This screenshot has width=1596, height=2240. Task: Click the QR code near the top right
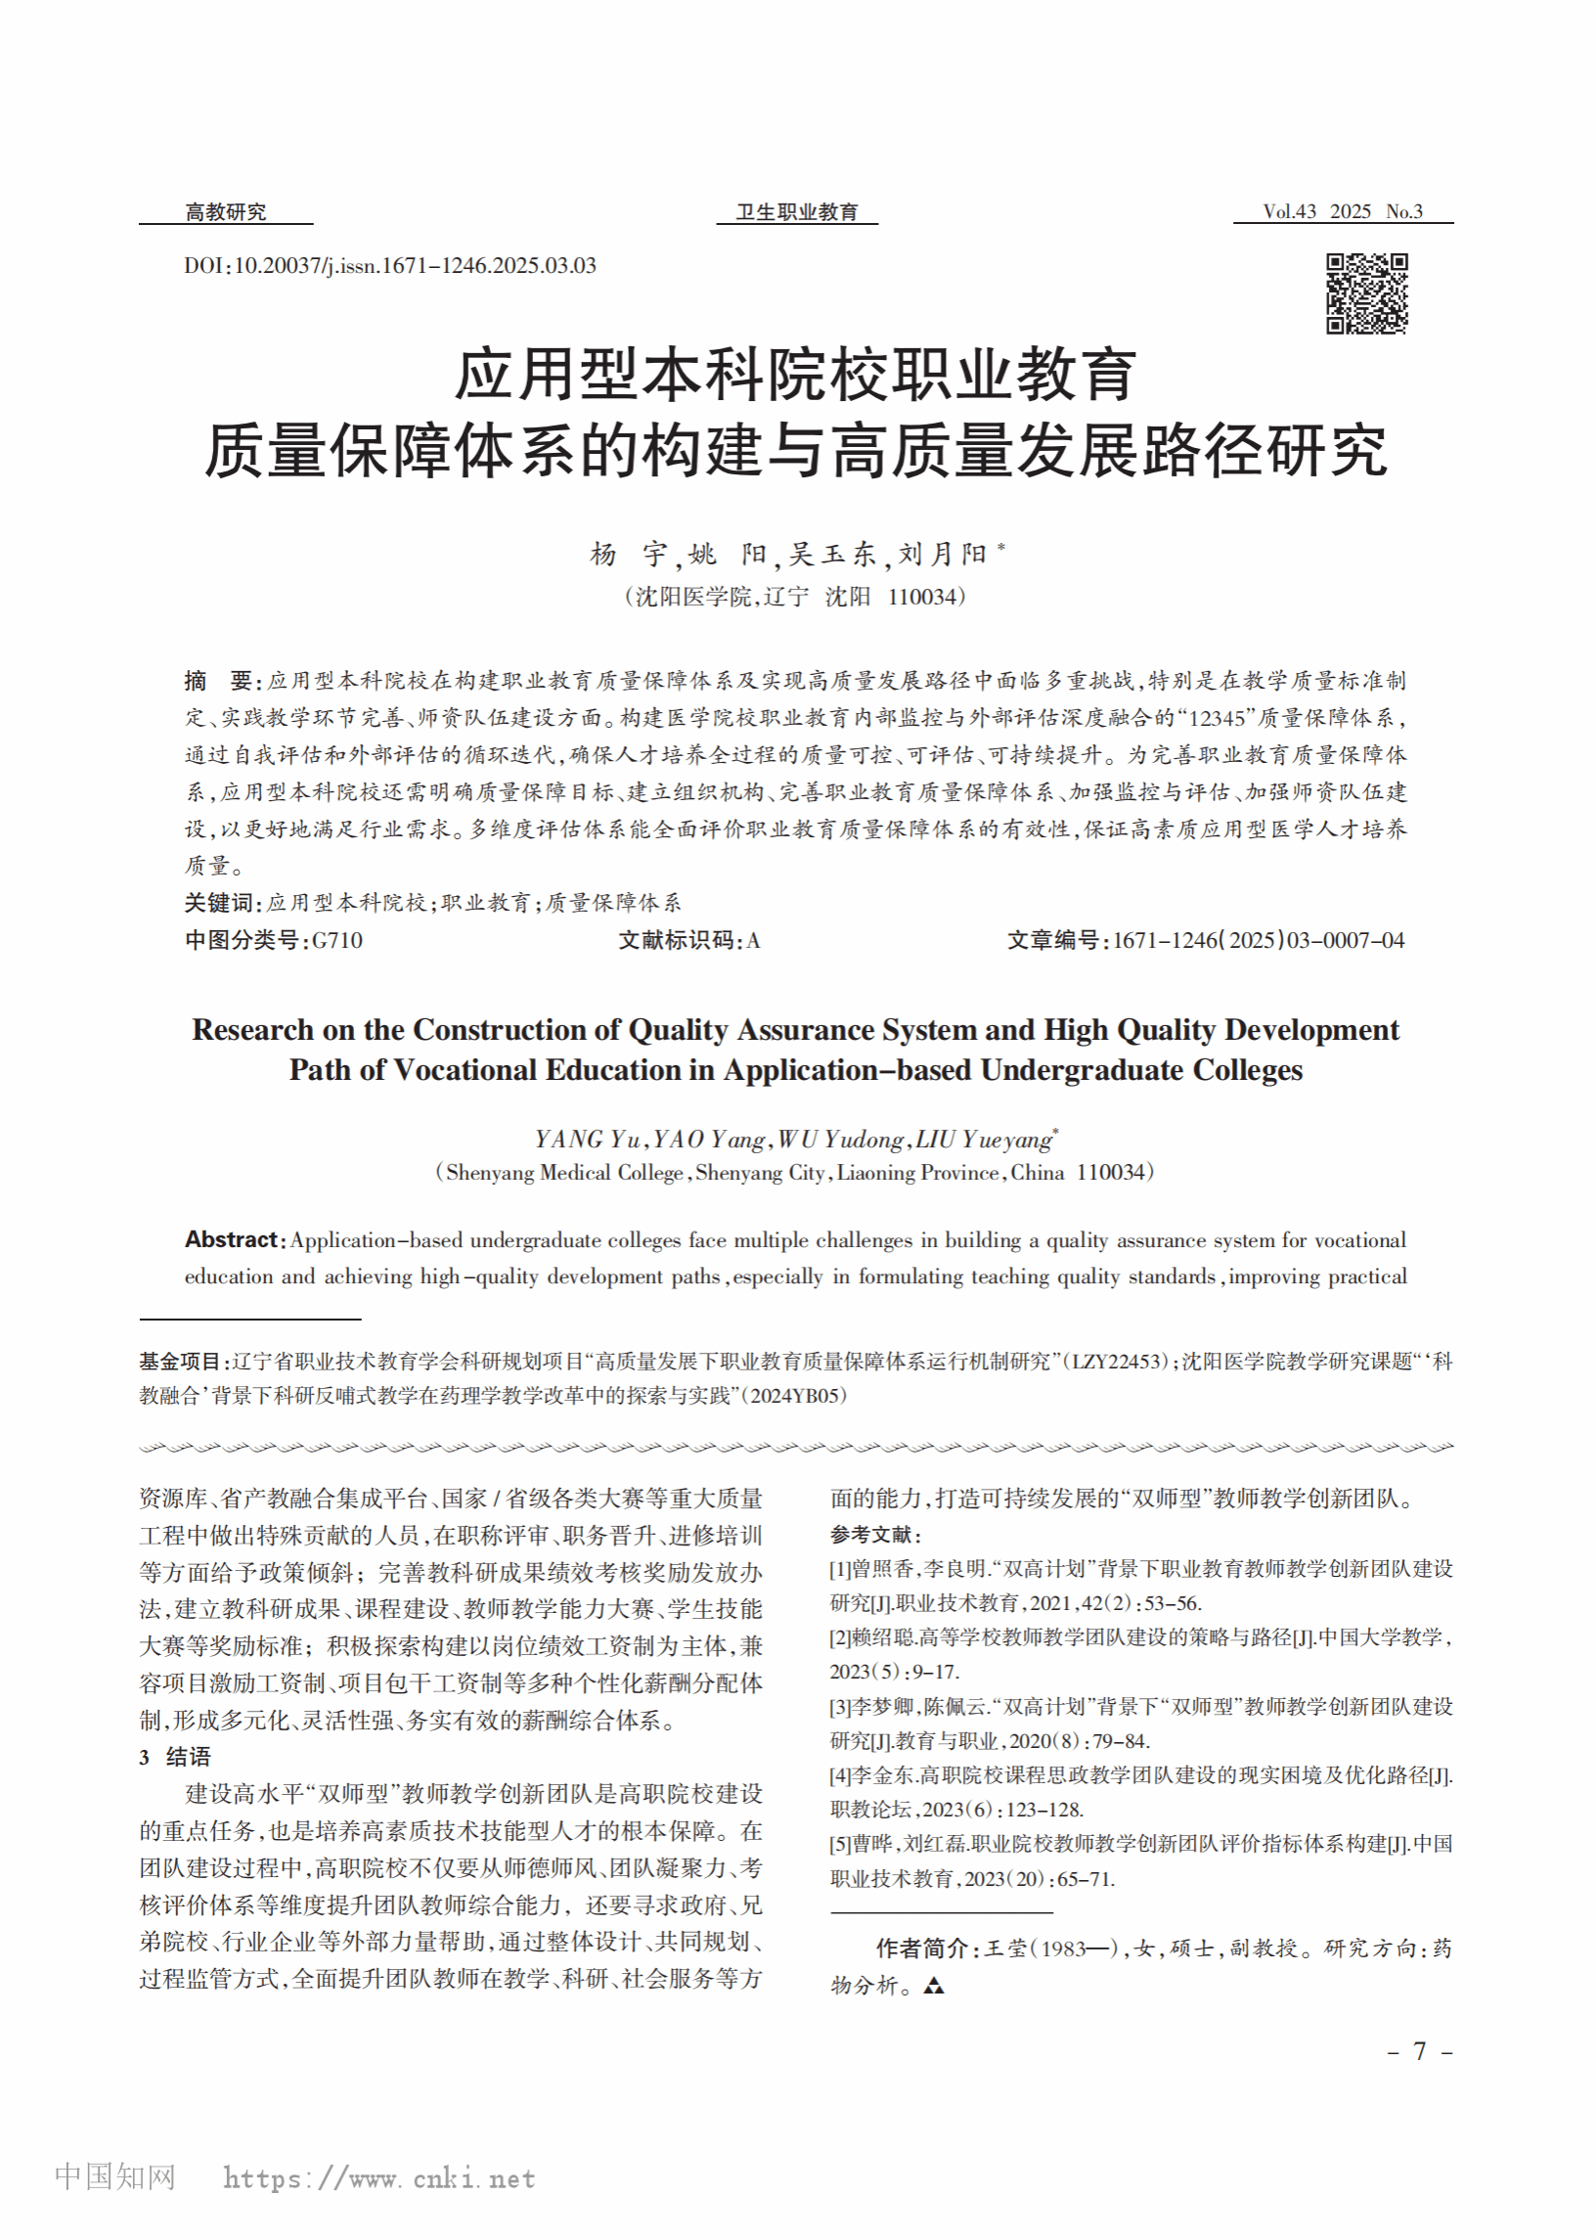point(1366,292)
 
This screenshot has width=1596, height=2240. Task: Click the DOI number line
point(389,265)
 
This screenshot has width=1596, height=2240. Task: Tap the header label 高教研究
point(225,211)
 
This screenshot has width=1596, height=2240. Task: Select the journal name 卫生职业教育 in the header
point(796,211)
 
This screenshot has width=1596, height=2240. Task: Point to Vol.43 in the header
point(1288,211)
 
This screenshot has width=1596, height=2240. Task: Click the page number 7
point(1419,2050)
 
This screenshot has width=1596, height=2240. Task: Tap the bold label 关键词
point(221,902)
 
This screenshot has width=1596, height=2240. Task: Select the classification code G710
point(337,941)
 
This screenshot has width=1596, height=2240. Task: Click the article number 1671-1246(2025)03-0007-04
point(1258,941)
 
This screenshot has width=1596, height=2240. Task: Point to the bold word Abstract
point(232,1239)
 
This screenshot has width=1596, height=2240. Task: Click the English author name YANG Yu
point(587,1140)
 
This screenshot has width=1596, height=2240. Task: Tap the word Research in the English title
point(252,1029)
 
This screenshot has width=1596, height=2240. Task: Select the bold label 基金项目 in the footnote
point(180,1362)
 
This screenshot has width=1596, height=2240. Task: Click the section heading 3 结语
point(175,1757)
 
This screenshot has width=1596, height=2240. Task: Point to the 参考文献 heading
point(873,1535)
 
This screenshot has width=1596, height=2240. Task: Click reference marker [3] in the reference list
point(840,1706)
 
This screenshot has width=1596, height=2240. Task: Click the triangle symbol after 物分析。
point(934,1986)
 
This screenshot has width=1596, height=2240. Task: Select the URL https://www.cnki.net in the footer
point(378,2178)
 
